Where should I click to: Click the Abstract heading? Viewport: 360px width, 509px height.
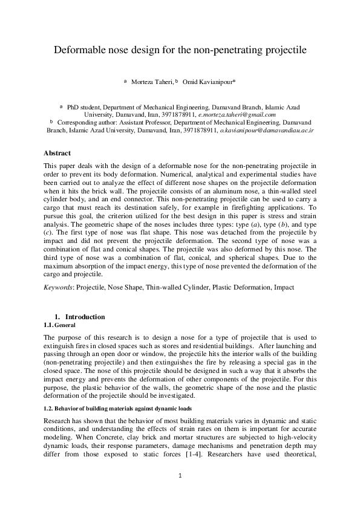(x=57, y=153)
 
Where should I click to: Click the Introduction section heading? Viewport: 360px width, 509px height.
(x=85, y=317)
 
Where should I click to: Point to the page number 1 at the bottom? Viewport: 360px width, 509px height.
(x=180, y=493)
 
